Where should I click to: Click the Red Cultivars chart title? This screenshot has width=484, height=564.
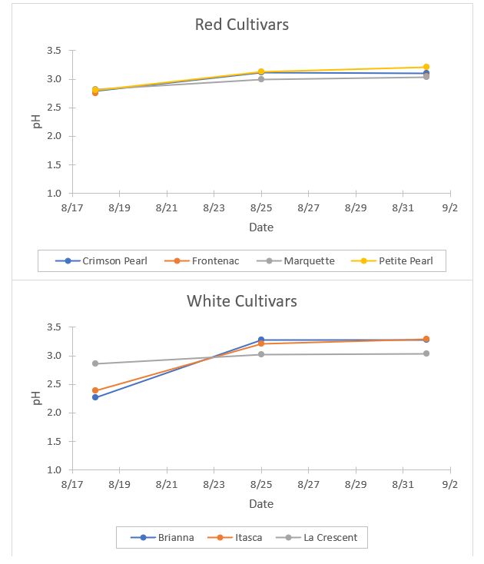[x=242, y=25]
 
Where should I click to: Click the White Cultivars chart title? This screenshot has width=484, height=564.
[x=242, y=300]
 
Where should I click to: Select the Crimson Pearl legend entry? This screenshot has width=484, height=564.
[x=104, y=260]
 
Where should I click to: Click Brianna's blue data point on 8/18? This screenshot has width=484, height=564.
[x=95, y=397]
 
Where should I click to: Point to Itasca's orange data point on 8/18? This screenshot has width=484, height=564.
[x=95, y=390]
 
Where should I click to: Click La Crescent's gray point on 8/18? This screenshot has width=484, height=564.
[x=95, y=363]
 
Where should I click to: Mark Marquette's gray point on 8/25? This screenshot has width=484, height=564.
[x=261, y=79]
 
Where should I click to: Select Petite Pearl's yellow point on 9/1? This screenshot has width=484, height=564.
[x=426, y=67]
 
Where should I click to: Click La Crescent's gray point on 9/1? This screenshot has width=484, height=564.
[x=426, y=353]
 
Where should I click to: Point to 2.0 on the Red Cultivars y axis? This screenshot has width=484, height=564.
[x=54, y=136]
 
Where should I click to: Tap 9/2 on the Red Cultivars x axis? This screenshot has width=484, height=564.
[x=450, y=207]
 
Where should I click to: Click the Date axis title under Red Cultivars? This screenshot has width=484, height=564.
[x=261, y=227]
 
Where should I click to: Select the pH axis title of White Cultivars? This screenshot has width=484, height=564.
[x=36, y=398]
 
